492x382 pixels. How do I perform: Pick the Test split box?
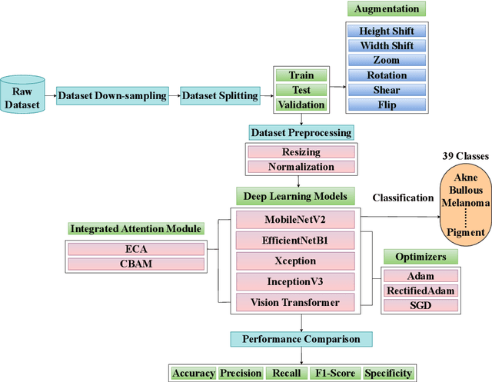(x=301, y=90)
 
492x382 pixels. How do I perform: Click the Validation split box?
(x=301, y=105)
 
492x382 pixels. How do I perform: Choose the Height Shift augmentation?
(x=387, y=32)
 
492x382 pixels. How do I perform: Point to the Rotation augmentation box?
(x=387, y=75)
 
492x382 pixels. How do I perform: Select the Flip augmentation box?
(x=387, y=105)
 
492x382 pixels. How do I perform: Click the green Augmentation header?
(x=387, y=10)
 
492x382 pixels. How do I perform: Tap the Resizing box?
(x=301, y=153)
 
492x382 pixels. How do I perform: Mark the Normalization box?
(x=301, y=167)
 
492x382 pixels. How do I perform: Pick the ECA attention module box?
(x=137, y=249)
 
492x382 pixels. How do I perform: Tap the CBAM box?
(x=137, y=264)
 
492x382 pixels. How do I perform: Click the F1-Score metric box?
(x=336, y=373)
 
